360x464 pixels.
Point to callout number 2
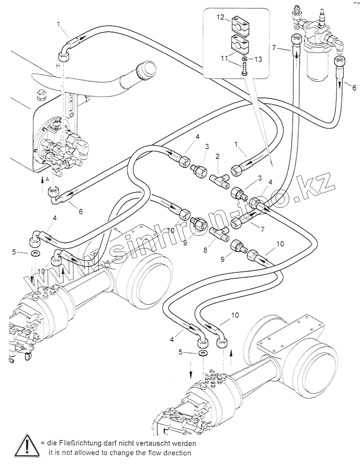(x=218, y=156)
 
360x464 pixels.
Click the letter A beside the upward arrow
(x=47, y=179)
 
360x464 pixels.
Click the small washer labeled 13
(x=245, y=59)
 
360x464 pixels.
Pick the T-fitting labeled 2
(x=219, y=180)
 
